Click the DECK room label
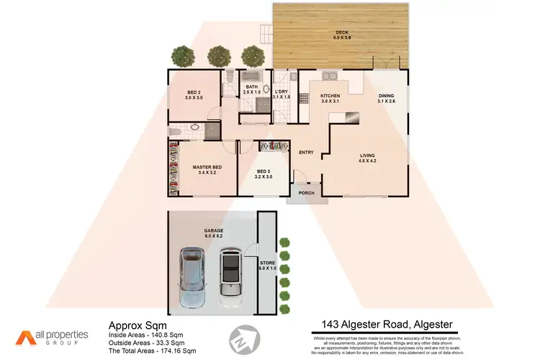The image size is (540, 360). tap(342, 32)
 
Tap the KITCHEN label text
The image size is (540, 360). tap(330, 96)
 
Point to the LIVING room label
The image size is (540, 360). tap(368, 156)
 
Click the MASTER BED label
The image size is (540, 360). tap(207, 167)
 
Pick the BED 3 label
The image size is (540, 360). tap(264, 171)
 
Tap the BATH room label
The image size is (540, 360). tap(251, 88)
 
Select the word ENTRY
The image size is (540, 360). tap(306, 152)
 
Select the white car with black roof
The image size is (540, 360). tap(230, 274)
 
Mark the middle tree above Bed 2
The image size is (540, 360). tap(218, 55)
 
